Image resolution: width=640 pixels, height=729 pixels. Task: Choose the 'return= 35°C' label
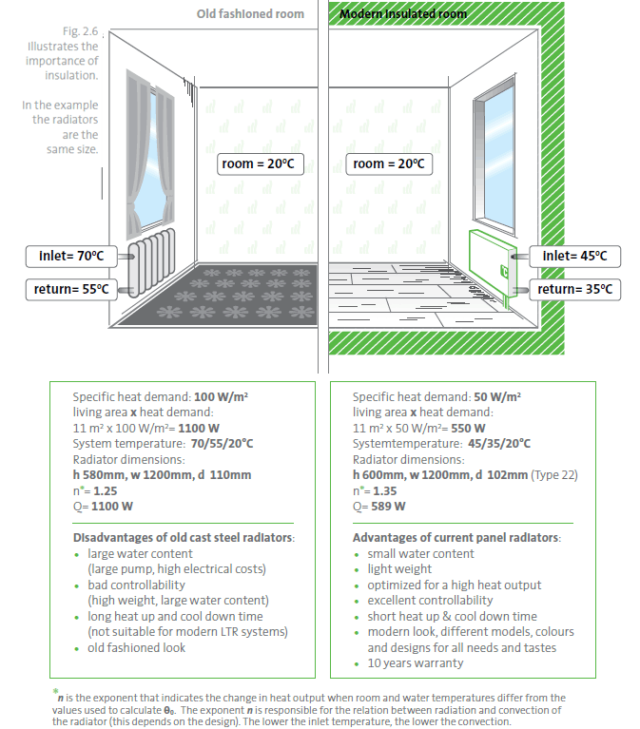point(574,289)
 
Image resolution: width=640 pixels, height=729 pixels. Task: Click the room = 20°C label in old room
point(256,164)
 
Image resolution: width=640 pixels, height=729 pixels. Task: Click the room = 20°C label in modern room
point(387,164)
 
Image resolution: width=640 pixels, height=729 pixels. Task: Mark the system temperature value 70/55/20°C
point(221,443)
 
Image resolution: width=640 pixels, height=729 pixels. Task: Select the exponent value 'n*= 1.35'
point(377,489)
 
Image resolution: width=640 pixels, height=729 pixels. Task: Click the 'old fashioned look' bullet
point(137,647)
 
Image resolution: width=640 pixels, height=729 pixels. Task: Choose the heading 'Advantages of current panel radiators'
point(456,538)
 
